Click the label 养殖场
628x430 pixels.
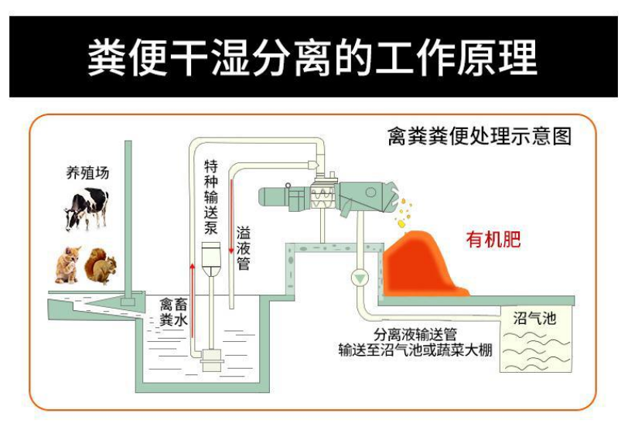[87, 172]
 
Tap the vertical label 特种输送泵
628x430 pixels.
[210, 198]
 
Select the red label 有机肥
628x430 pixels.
[493, 239]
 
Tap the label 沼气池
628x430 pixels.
[535, 317]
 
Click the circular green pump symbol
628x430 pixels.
[360, 277]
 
